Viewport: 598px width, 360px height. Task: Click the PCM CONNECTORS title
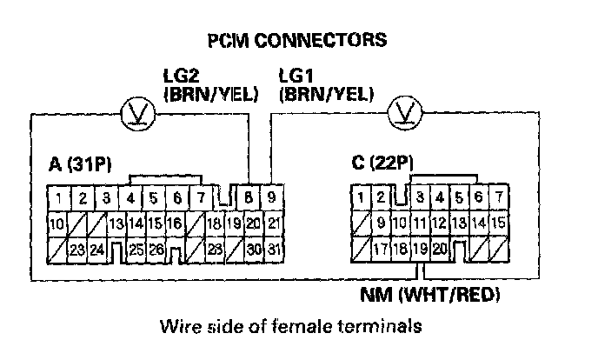[x=296, y=40]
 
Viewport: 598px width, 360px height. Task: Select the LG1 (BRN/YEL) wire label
[x=325, y=84]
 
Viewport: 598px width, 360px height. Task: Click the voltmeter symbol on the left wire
[x=134, y=113]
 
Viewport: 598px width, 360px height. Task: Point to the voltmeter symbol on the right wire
[x=403, y=113]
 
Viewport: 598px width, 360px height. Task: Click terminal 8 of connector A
[x=251, y=198]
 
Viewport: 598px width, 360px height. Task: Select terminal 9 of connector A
[x=271, y=198]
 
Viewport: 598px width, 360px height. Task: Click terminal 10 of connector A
[x=56, y=224]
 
